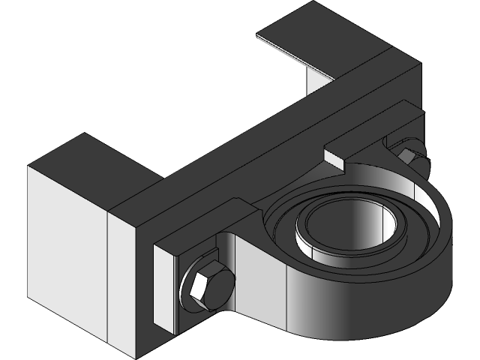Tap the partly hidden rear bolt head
[408, 154]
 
